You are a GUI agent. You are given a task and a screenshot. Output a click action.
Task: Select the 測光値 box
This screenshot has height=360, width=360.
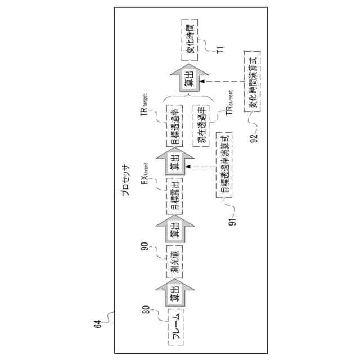175,262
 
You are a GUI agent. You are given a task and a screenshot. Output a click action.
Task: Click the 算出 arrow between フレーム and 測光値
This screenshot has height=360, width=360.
175,294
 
